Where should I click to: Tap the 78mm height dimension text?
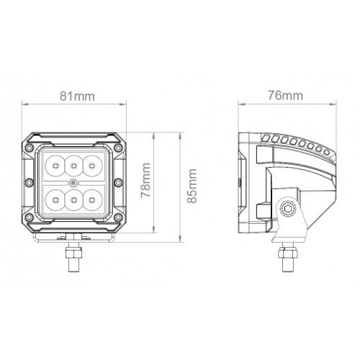pyautogui.click(x=145, y=181)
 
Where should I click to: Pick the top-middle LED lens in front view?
pyautogui.click(x=74, y=166)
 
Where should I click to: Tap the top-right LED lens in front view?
pyautogui.click(x=91, y=166)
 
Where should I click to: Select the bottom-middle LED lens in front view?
pyautogui.click(x=74, y=196)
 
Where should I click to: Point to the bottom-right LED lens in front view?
pyautogui.click(x=91, y=196)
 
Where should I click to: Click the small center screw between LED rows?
pyautogui.click(x=74, y=181)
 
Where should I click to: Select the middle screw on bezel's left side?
pyautogui.click(x=30, y=181)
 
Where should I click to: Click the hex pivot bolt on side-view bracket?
pyautogui.click(x=289, y=210)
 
